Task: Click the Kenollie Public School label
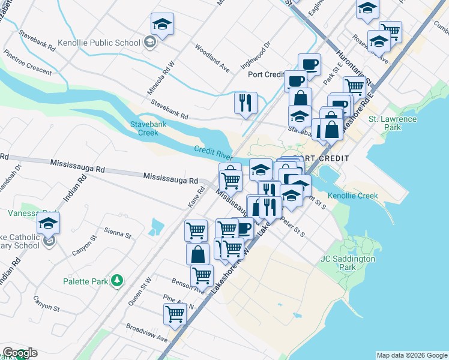[x=100, y=43]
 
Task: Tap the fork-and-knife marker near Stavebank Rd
[x=246, y=103]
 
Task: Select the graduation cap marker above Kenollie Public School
[x=162, y=24]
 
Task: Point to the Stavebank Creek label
[x=143, y=128]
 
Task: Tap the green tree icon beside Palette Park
[x=118, y=281]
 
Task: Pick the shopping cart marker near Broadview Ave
[x=175, y=314]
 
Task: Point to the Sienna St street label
[x=117, y=233]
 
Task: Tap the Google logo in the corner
[x=20, y=353]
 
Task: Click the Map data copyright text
[x=411, y=355]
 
